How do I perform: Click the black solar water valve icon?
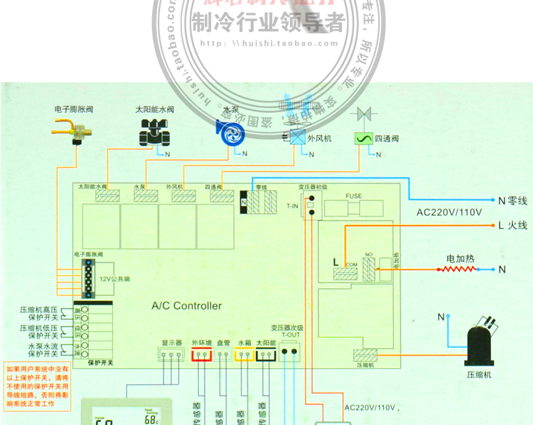click(x=154, y=132)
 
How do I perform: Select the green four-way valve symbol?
click(x=364, y=139)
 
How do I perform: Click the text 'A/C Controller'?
click(x=187, y=307)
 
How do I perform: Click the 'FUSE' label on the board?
click(x=354, y=195)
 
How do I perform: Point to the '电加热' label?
click(x=460, y=258)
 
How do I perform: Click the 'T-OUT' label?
click(x=290, y=336)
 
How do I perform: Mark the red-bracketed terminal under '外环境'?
click(x=202, y=355)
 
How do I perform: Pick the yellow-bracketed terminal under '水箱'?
click(x=244, y=355)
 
